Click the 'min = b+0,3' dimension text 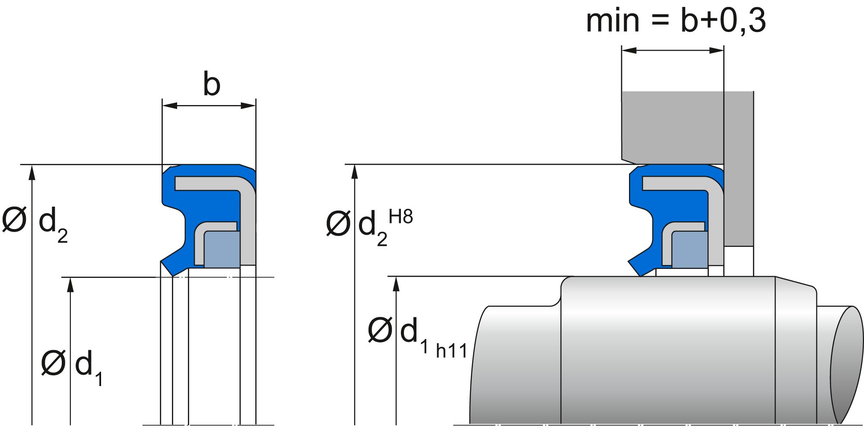coord(676,20)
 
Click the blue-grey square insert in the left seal coord(222,249)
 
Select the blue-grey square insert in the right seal coord(689,249)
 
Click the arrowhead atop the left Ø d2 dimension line coord(32,172)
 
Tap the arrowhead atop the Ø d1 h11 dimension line coord(396,284)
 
